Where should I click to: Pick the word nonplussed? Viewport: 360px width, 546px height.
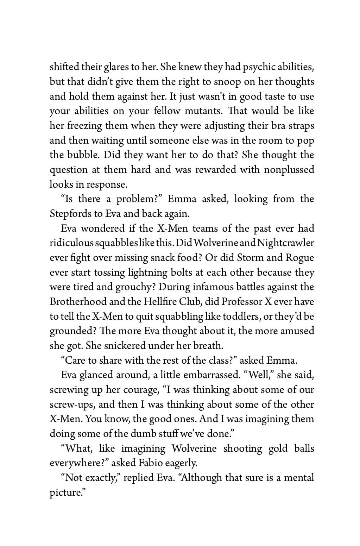[x=289, y=170]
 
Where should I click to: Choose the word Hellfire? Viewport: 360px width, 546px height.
[x=160, y=302]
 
